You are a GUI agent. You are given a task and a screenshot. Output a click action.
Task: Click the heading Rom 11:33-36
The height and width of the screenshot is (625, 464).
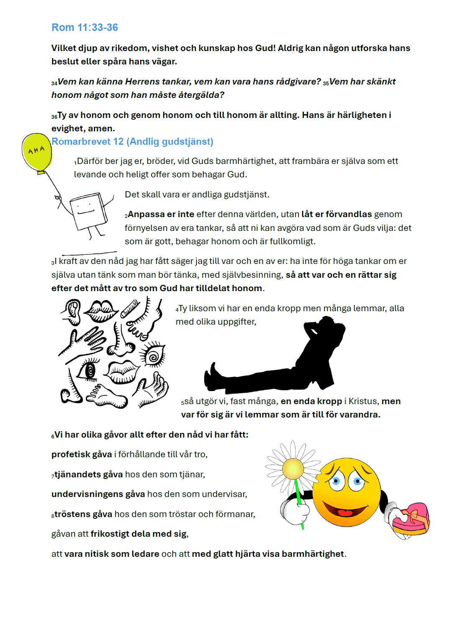click(85, 28)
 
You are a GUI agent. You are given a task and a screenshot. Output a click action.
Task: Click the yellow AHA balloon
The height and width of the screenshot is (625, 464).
click(37, 151)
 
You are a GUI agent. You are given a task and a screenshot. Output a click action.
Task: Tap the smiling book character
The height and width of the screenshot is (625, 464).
click(88, 211)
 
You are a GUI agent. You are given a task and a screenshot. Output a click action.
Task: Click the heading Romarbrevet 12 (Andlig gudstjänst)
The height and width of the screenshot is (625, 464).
click(132, 141)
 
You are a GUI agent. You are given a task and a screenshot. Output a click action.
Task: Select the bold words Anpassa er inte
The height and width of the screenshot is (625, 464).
click(161, 214)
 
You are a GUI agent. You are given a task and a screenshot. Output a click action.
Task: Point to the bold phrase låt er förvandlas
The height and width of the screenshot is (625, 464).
click(336, 214)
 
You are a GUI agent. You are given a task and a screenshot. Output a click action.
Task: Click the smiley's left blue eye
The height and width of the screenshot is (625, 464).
click(336, 482)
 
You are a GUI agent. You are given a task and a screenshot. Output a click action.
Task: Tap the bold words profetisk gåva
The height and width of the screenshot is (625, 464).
click(82, 454)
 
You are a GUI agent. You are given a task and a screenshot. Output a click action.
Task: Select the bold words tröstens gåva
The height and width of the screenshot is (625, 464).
click(83, 514)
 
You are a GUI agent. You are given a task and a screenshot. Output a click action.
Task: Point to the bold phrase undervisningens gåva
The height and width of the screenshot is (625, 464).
click(98, 494)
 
